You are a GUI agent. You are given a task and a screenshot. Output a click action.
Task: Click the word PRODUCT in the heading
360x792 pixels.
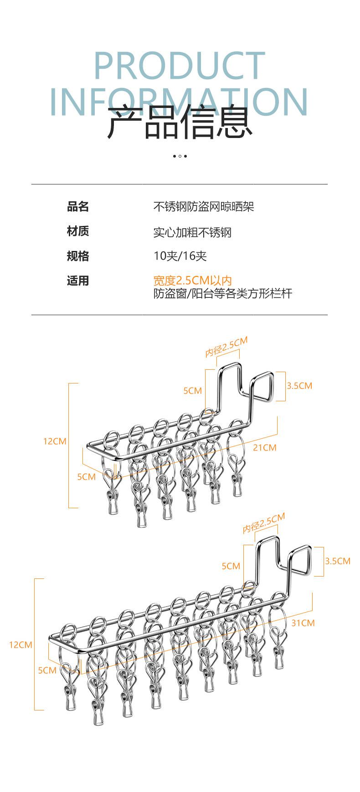(x=180, y=66)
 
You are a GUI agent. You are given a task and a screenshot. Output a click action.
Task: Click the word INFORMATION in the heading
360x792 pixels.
(x=180, y=101)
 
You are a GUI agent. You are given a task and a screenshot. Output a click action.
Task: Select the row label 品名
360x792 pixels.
(x=78, y=207)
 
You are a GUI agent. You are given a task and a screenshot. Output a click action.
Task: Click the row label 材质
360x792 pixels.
(x=78, y=231)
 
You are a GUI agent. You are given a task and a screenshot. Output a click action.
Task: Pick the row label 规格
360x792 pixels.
(x=78, y=256)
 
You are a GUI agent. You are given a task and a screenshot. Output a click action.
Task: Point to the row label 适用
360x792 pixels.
(x=78, y=281)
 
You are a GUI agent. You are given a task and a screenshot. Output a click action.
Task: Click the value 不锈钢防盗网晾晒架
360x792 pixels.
(x=203, y=207)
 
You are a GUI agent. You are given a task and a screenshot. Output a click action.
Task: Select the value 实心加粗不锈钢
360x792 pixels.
(x=192, y=232)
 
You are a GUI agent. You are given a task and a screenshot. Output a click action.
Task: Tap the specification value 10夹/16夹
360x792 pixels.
(x=180, y=256)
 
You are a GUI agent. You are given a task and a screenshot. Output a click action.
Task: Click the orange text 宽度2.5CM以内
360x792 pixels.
(x=193, y=281)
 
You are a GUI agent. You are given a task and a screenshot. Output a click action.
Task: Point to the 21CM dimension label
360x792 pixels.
(x=265, y=448)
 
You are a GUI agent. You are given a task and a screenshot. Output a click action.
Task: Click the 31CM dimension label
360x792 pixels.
(x=303, y=623)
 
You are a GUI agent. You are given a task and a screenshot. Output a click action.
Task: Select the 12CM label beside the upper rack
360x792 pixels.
(x=55, y=441)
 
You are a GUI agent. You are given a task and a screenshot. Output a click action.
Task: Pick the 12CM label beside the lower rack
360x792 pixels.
(x=21, y=645)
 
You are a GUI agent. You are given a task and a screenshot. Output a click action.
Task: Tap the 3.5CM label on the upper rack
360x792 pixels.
(x=299, y=386)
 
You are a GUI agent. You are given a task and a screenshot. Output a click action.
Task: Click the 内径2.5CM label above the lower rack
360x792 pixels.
(x=264, y=523)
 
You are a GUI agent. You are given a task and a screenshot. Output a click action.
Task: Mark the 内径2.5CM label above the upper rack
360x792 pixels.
(x=226, y=347)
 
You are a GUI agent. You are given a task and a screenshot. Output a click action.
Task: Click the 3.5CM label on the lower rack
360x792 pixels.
(x=338, y=561)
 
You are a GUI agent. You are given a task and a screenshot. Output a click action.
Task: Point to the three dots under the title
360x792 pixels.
(x=180, y=156)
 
